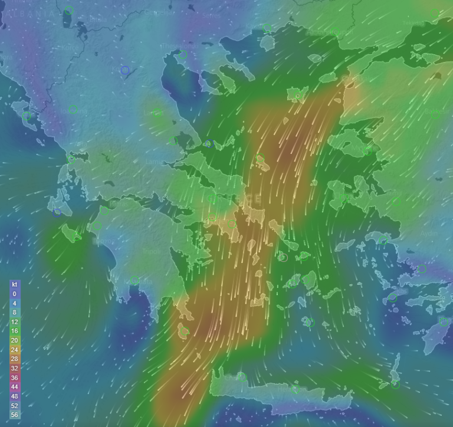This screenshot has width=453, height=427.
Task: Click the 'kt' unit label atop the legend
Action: click(x=14, y=284)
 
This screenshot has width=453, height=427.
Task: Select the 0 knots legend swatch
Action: click(x=14, y=293)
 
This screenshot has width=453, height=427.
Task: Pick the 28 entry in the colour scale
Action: click(x=14, y=359)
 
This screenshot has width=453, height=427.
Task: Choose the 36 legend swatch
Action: click(x=14, y=378)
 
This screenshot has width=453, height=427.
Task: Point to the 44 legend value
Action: click(x=14, y=387)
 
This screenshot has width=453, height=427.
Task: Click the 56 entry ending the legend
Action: click(x=14, y=415)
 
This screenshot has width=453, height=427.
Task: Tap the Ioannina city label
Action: click(x=74, y=111)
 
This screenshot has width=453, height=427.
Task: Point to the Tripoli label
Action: click(x=152, y=251)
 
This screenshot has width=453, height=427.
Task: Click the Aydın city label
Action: click(x=429, y=234)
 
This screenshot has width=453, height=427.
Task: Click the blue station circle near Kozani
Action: click(x=125, y=70)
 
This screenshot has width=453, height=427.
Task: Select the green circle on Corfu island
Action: click(x=27, y=117)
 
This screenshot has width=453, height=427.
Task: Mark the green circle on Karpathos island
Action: click(x=395, y=385)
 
